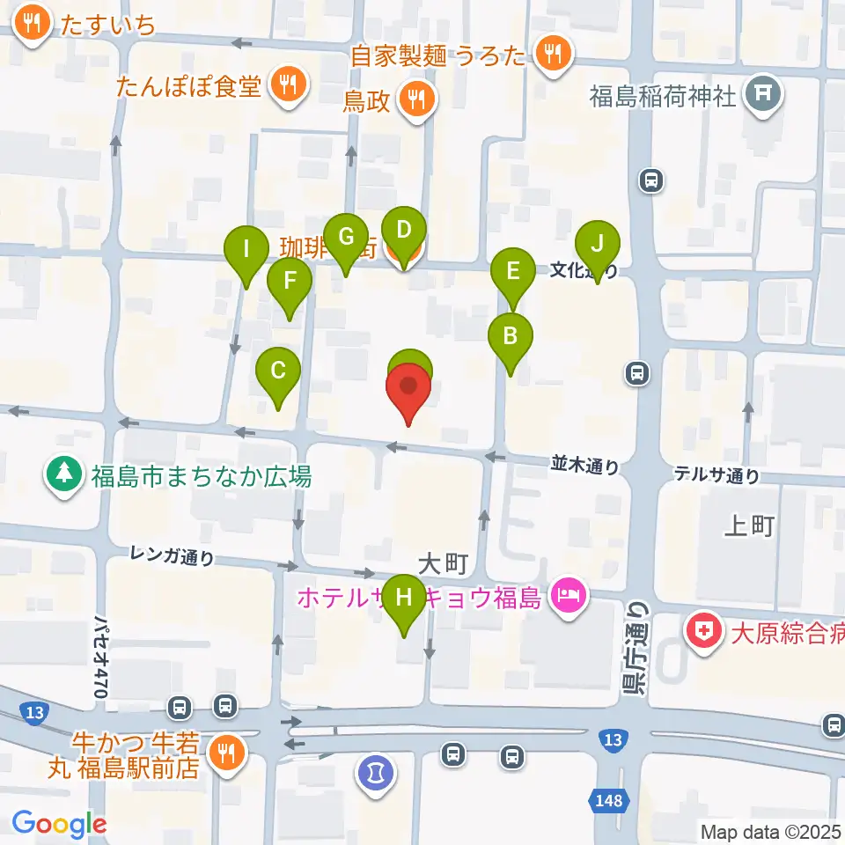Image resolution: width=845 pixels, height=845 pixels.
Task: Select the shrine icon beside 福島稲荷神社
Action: coord(763,94)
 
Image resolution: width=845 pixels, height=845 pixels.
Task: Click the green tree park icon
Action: coord(64,476)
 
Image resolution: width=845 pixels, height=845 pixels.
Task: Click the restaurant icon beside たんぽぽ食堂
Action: coord(288,85)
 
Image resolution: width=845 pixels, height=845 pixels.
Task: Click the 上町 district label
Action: coord(748,526)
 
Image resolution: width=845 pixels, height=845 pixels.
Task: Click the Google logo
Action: coord(59,824)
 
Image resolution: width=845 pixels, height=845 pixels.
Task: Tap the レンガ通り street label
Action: coord(172,555)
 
